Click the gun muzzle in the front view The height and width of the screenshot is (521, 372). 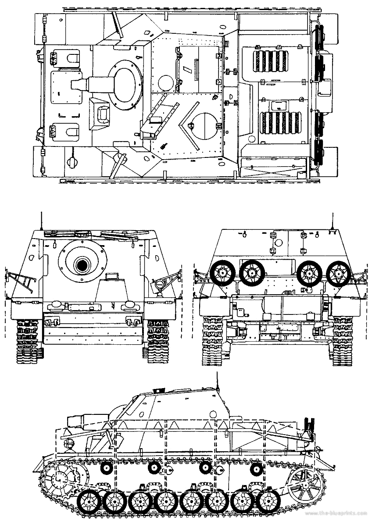pyautogui.click(x=82, y=264)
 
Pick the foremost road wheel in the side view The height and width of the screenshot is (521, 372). pyautogui.click(x=90, y=500)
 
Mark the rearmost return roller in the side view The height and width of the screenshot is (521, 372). pyautogui.click(x=255, y=468)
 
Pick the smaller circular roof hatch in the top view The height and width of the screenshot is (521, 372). pyautogui.click(x=166, y=82)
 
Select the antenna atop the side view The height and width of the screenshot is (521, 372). pyautogui.click(x=217, y=379)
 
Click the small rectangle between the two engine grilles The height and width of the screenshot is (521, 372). pyautogui.click(x=278, y=105)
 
